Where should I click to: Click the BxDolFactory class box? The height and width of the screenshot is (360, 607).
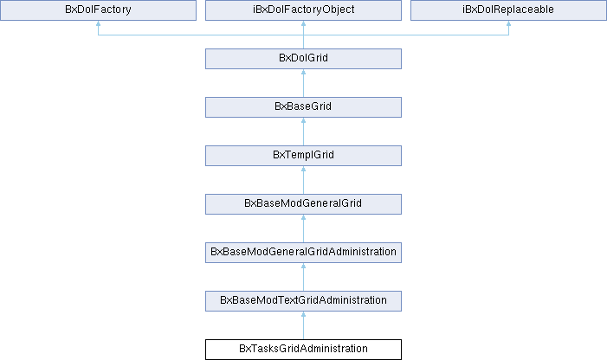[99, 10]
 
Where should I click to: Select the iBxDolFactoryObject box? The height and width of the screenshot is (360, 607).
[303, 10]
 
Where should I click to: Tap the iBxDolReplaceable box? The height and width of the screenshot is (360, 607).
[508, 10]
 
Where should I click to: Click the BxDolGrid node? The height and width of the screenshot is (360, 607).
[303, 59]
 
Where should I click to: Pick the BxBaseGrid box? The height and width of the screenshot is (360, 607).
[303, 107]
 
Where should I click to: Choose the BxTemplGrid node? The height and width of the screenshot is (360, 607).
[303, 156]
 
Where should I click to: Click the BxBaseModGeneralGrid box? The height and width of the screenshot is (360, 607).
[303, 203]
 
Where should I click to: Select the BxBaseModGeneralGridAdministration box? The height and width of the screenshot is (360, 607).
[303, 253]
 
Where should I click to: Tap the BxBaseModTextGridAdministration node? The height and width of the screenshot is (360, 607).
[303, 301]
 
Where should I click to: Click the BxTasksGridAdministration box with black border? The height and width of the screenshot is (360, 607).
[303, 350]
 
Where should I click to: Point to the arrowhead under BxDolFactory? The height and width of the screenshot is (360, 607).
[99, 23]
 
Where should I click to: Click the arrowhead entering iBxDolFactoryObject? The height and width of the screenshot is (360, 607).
[303, 23]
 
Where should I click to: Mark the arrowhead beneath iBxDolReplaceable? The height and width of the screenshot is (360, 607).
[508, 23]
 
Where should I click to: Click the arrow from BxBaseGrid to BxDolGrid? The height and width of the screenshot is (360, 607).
[303, 83]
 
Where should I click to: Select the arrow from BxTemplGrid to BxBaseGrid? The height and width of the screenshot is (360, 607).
[303, 132]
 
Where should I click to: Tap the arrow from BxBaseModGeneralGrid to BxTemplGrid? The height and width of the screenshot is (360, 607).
[303, 180]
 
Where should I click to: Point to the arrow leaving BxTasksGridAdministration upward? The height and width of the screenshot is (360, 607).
[303, 325]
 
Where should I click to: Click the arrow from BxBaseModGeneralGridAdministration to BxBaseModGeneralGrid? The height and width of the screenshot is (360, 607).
[303, 228]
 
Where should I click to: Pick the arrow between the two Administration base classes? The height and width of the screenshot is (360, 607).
[303, 277]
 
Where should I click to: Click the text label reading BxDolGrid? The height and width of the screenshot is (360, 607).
[303, 58]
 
